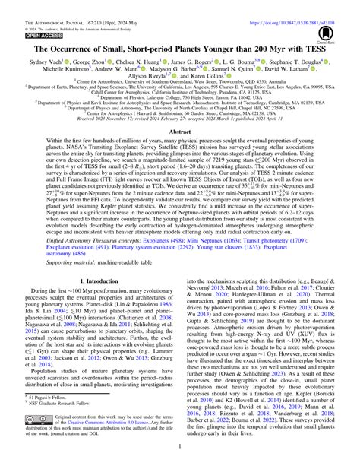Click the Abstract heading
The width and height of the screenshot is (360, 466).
coord(179,131)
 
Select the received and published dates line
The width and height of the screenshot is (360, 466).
coord(179,119)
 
